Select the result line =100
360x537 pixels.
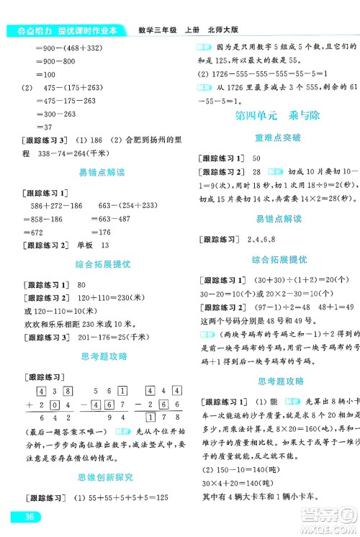tap(46, 75)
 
